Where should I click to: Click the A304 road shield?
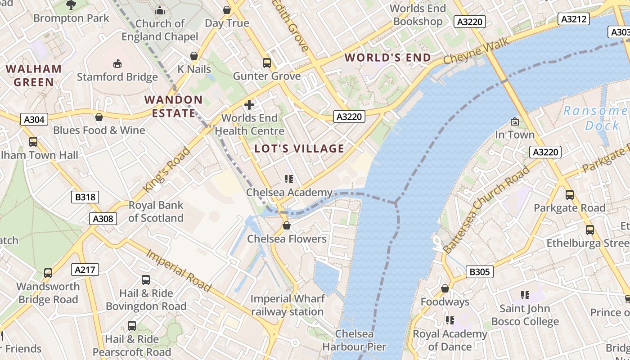pyautogui.click(x=34, y=119)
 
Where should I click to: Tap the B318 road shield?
pyautogui.click(x=85, y=197)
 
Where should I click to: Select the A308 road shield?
pyautogui.click(x=103, y=219)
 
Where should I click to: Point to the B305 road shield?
pyautogui.click(x=479, y=272)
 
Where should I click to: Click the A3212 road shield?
pyautogui.click(x=574, y=19)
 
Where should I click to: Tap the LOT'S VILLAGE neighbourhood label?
pyautogui.click(x=299, y=148)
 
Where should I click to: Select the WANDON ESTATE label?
pyautogui.click(x=174, y=106)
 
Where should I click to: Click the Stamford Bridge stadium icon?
pyautogui.click(x=117, y=63)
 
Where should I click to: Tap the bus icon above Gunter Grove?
pyautogui.click(x=267, y=63)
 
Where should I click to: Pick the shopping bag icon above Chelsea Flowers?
pyautogui.click(x=287, y=225)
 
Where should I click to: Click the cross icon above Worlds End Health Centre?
pyautogui.click(x=249, y=105)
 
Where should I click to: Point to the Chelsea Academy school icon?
pyautogui.click(x=289, y=179)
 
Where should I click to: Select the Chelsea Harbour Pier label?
pyautogui.click(x=354, y=340)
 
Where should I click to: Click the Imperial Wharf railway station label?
pyautogui.click(x=287, y=305)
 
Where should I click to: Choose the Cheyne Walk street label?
pyautogui.click(x=476, y=51)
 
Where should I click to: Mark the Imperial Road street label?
pyautogui.click(x=179, y=270)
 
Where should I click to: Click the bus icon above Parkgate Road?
pyautogui.click(x=570, y=195)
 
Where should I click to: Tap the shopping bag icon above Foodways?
pyautogui.click(x=445, y=288)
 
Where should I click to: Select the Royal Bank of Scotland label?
pyautogui.click(x=156, y=211)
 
